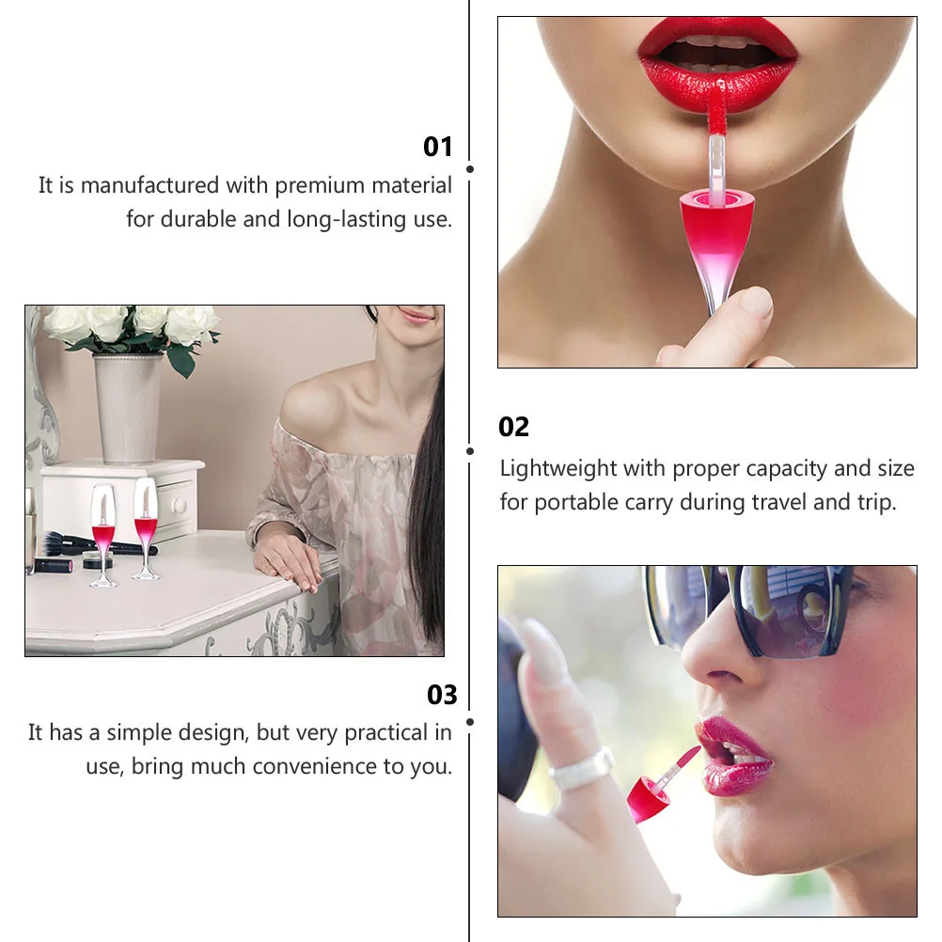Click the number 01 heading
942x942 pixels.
click(x=438, y=147)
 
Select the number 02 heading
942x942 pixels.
click(x=514, y=427)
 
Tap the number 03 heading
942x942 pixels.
click(x=442, y=695)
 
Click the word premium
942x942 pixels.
click(x=319, y=186)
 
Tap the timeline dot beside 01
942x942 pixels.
click(x=470, y=169)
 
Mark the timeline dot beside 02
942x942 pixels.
click(x=470, y=451)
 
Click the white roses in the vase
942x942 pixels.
click(x=132, y=325)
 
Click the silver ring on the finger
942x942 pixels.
click(x=581, y=770)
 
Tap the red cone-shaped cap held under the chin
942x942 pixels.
click(x=717, y=230)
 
